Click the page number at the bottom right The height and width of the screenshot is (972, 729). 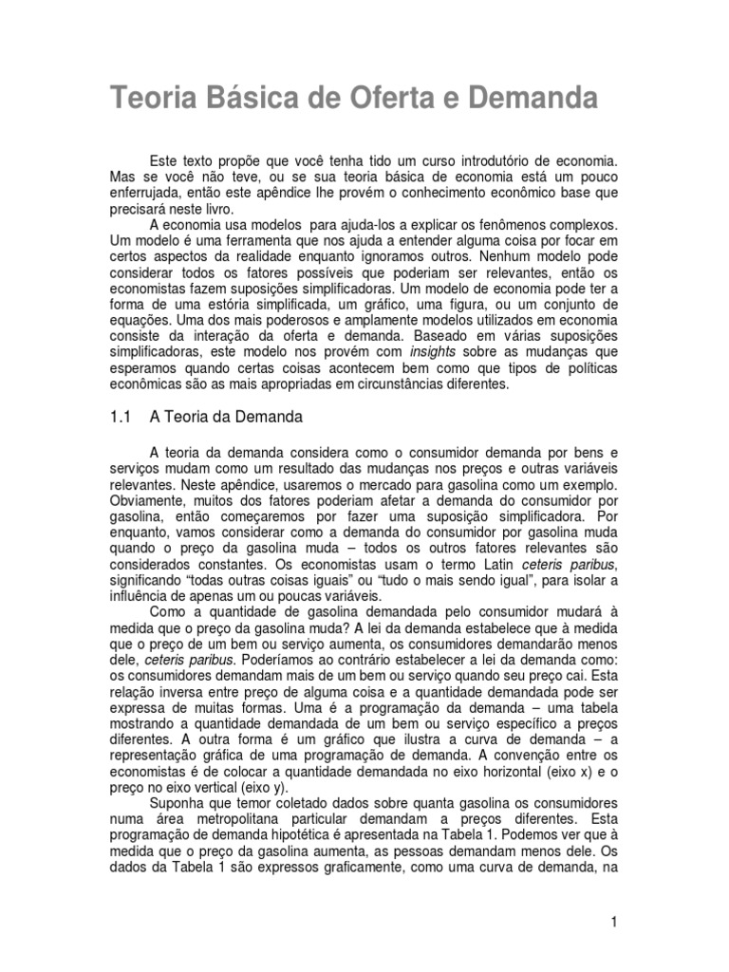pos(616,922)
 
